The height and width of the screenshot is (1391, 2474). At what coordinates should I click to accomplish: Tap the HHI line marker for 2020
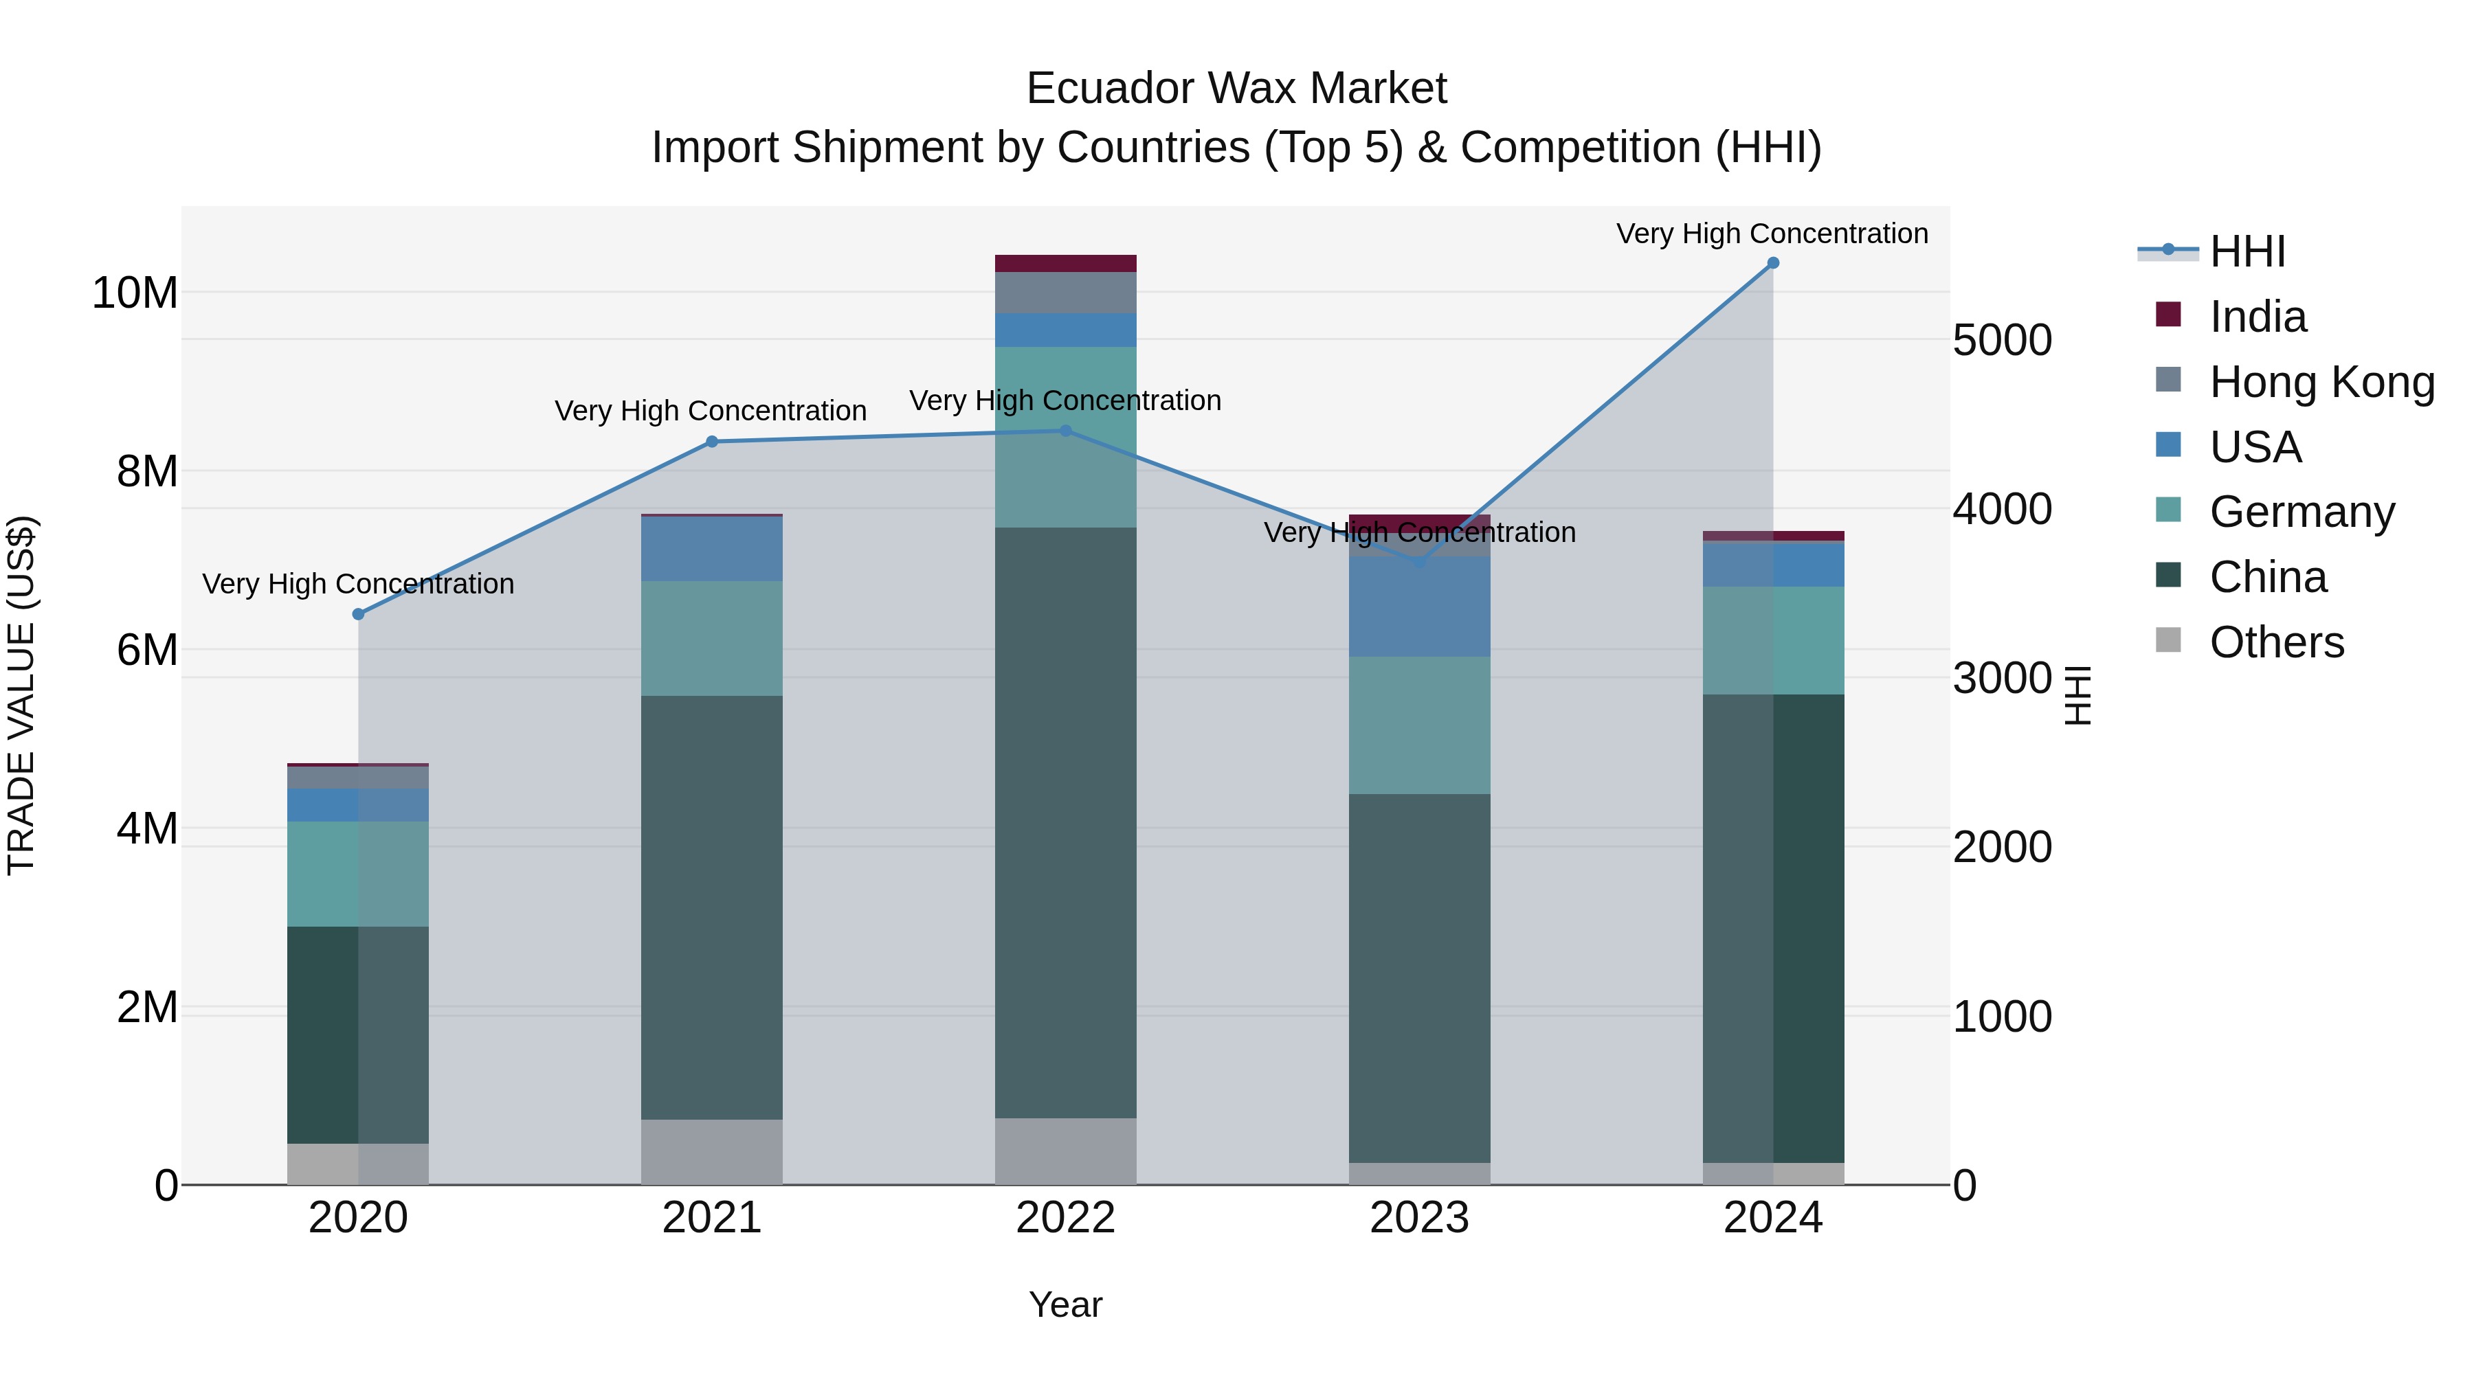pos(358,614)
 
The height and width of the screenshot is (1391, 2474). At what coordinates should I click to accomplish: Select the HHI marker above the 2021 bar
pos(712,442)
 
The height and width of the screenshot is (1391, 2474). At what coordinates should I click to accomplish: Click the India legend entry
pos(2257,317)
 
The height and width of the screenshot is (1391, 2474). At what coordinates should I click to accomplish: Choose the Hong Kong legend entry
pos(2321,382)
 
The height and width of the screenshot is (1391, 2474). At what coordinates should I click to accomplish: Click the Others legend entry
pos(2276,642)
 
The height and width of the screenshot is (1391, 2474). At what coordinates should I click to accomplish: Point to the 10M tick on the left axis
pos(135,293)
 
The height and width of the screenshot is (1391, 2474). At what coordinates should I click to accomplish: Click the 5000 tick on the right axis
pos(2003,341)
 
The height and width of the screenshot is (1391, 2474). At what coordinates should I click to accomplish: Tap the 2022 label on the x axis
pos(1065,1218)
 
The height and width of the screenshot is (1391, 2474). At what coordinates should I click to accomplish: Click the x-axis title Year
pos(1065,1304)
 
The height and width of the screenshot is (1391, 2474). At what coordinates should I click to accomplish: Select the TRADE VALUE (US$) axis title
pos(21,695)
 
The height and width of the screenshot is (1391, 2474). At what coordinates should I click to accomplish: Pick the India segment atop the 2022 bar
pos(1065,263)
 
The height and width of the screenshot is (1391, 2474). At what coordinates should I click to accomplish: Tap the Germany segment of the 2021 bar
pos(712,637)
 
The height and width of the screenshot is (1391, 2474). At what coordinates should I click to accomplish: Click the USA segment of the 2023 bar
pos(1420,607)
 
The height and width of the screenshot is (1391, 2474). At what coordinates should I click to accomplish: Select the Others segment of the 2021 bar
pos(712,1151)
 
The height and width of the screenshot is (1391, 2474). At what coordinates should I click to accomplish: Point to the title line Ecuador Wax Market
pos(1236,89)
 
